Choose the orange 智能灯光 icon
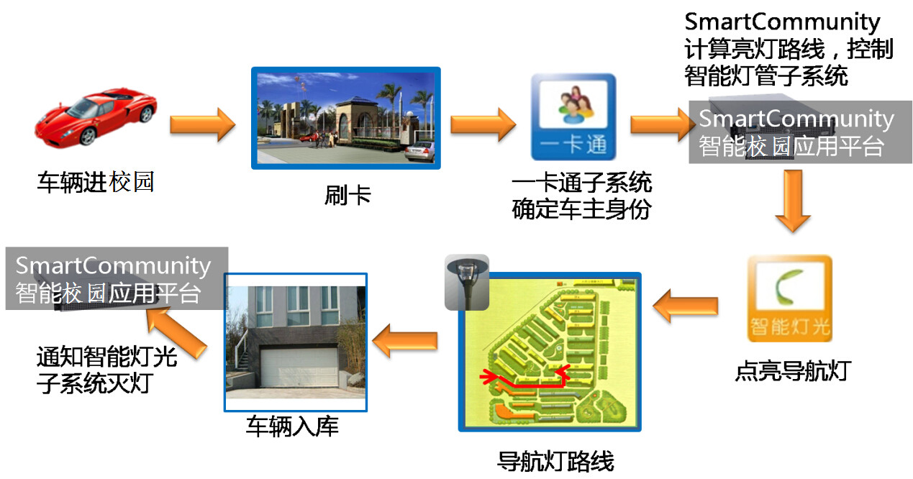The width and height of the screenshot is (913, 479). [790, 299]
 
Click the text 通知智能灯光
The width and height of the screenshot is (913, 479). [106, 357]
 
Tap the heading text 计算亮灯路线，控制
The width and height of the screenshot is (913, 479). [789, 50]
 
